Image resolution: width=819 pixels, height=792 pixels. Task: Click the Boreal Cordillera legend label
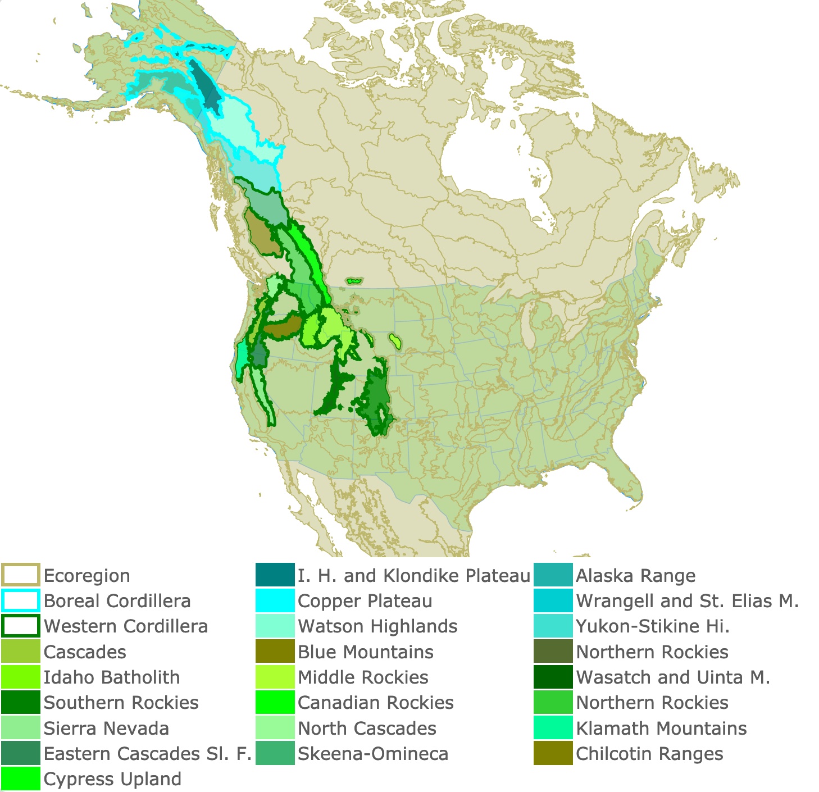pyautogui.click(x=117, y=601)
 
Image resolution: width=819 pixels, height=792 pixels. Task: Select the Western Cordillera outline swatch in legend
pyautogui.click(x=20, y=626)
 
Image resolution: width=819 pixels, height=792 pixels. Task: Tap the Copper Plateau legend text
pyautogui.click(x=365, y=601)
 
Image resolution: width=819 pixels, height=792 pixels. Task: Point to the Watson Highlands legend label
pyautogui.click(x=377, y=626)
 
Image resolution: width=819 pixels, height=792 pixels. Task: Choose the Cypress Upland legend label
pyautogui.click(x=112, y=779)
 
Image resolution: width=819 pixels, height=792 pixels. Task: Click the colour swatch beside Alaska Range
pyautogui.click(x=553, y=575)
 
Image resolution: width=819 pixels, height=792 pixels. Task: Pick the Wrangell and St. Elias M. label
pyautogui.click(x=687, y=601)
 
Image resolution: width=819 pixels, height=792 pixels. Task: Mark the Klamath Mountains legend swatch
pyautogui.click(x=553, y=729)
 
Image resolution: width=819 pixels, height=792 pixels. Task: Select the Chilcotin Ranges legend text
pyautogui.click(x=649, y=754)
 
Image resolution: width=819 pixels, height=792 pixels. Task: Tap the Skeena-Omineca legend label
pyautogui.click(x=372, y=754)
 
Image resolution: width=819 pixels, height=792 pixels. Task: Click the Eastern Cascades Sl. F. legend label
pyautogui.click(x=147, y=754)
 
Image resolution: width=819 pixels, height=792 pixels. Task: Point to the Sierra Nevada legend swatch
pyautogui.click(x=20, y=729)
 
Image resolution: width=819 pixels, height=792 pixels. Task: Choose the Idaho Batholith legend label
pyautogui.click(x=112, y=677)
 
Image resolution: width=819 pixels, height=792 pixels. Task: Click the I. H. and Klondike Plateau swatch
pyautogui.click(x=275, y=575)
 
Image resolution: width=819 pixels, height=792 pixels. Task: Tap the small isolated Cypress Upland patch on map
pyautogui.click(x=354, y=280)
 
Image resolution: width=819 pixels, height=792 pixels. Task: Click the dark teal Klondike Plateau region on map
pyautogui.click(x=204, y=87)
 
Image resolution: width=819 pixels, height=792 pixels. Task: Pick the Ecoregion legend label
pyautogui.click(x=87, y=576)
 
